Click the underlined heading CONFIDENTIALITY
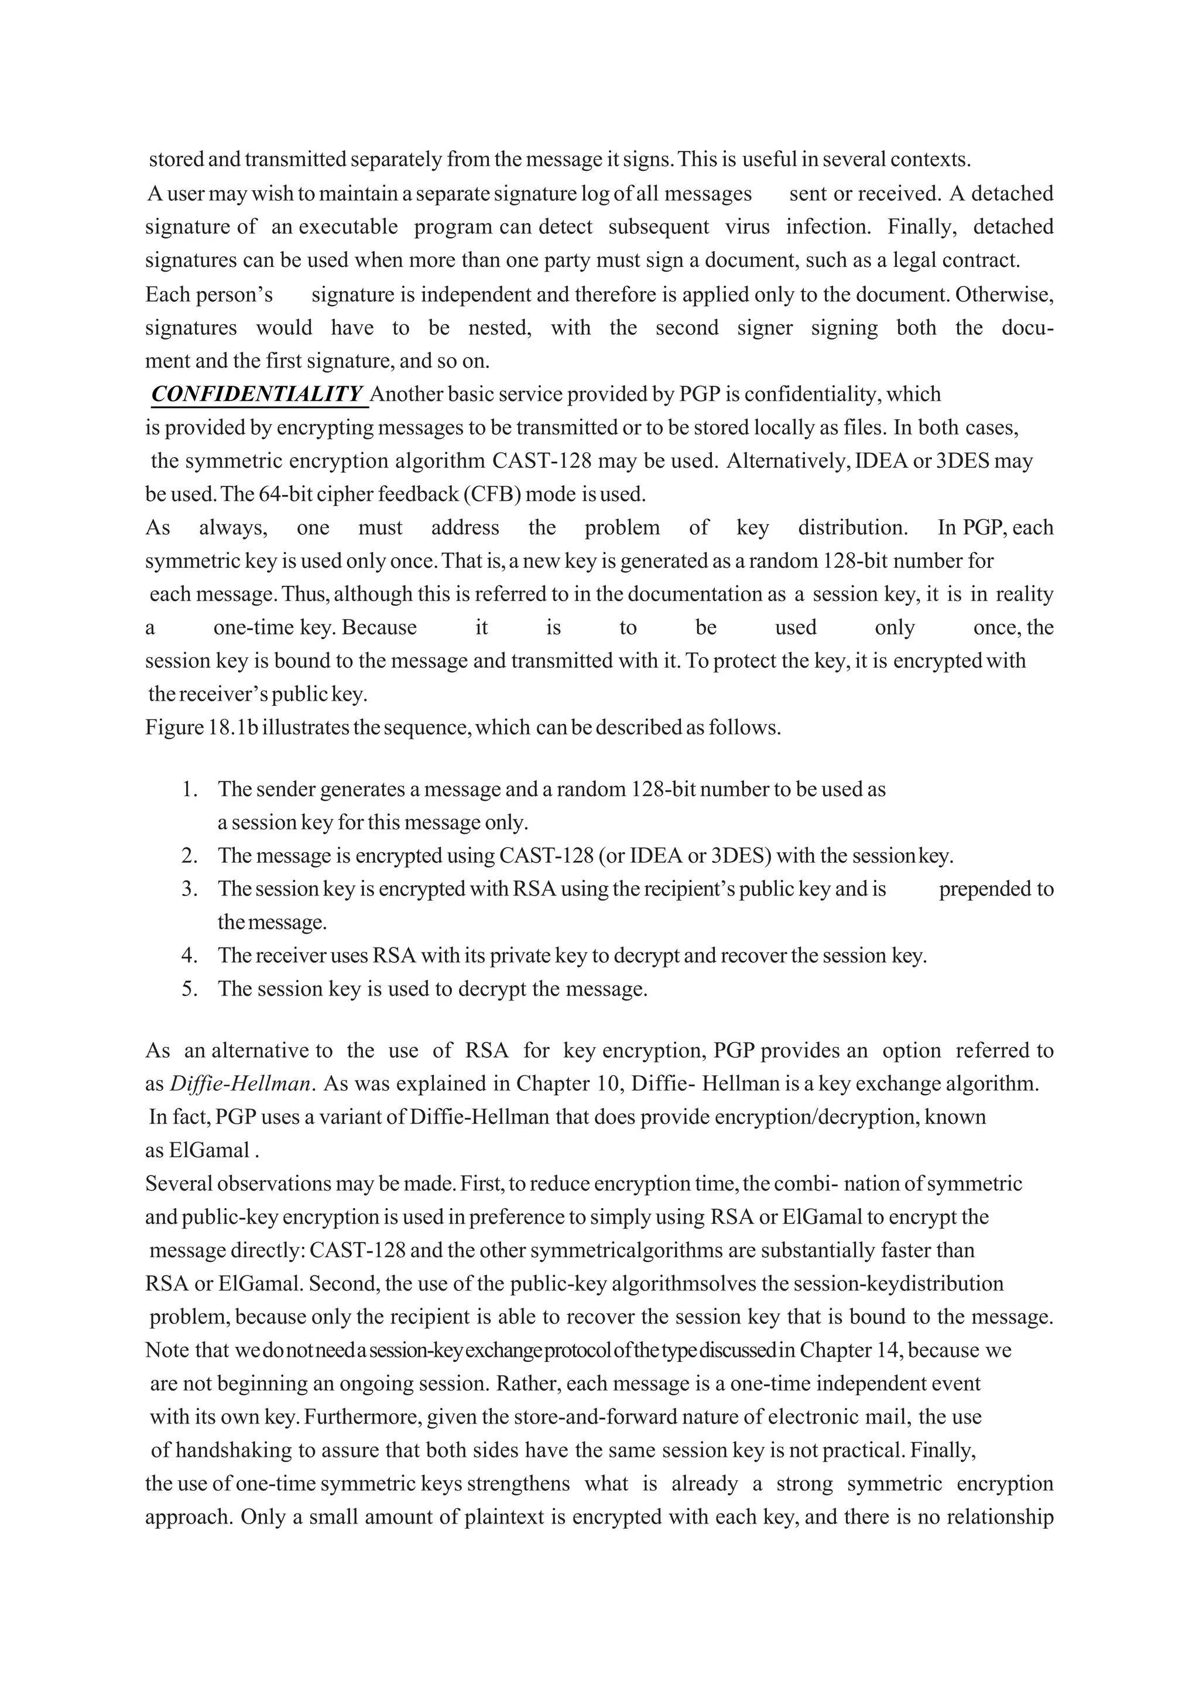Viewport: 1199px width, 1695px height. (258, 394)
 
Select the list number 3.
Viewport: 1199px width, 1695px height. (189, 889)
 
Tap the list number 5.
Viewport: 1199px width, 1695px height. (189, 989)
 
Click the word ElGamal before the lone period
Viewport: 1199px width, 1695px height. (210, 1151)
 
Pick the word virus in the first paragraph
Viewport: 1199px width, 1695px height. (747, 227)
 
